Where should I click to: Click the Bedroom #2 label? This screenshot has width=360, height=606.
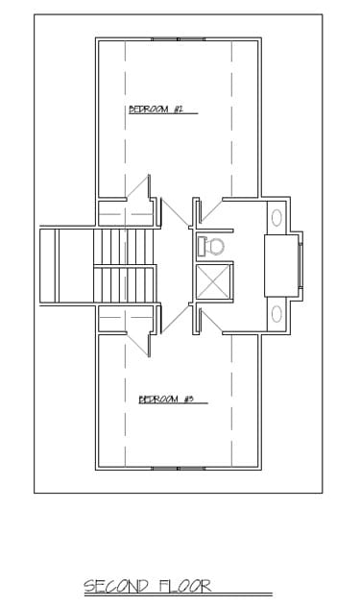156,109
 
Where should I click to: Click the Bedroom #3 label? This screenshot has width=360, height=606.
166,399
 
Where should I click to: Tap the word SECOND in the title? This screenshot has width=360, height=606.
116,586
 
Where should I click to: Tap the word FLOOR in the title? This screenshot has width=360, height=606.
185,586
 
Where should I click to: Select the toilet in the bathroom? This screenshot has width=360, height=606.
211,247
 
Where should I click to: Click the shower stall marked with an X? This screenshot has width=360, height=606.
214,281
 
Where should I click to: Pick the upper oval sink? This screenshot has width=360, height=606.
276,218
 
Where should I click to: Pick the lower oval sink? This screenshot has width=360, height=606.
276,314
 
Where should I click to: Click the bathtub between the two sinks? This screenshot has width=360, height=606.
281,265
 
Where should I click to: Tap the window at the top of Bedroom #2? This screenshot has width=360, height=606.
178,39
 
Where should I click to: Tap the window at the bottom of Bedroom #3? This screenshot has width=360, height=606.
178,469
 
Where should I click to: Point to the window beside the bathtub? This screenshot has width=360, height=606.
300,265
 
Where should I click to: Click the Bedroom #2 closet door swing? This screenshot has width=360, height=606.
139,188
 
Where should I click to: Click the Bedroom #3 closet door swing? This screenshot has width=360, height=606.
139,344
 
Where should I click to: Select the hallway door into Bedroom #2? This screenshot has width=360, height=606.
175,212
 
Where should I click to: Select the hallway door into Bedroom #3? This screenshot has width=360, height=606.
175,319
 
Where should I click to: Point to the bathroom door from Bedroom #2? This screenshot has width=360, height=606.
211,210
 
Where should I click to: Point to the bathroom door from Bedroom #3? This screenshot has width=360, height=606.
211,321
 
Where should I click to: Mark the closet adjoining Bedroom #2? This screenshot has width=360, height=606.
127,213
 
